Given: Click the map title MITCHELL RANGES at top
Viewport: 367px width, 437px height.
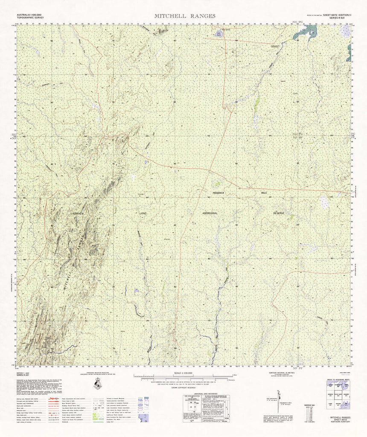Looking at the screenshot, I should [185, 16].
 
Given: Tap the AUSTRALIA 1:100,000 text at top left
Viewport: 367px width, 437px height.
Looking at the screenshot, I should [29, 15].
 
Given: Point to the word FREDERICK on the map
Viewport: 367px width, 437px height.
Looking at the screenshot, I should [221, 193].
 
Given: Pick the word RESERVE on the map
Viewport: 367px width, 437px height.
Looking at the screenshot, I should [282, 213].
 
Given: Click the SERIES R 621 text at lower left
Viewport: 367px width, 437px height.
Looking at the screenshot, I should [23, 376].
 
